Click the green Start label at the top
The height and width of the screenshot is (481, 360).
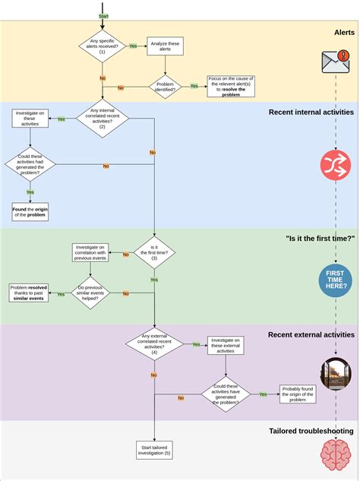103,15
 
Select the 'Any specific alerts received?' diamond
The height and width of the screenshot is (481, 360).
103,47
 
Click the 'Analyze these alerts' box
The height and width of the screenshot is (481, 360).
164,47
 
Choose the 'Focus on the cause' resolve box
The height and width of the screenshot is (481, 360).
231,86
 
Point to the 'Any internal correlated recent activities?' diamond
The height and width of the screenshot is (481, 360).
103,119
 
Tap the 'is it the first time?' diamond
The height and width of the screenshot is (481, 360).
154,253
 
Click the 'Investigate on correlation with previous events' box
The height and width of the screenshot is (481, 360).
91,253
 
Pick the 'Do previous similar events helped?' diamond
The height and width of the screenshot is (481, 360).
91,293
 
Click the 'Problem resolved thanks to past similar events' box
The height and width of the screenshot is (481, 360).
29,293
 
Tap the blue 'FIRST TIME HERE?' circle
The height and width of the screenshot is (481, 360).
335,280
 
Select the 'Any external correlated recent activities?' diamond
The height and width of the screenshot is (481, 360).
154,344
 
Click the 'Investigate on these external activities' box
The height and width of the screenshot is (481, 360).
226,345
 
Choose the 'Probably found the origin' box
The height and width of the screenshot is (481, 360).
298,394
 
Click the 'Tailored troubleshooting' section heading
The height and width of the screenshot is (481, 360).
311,431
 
